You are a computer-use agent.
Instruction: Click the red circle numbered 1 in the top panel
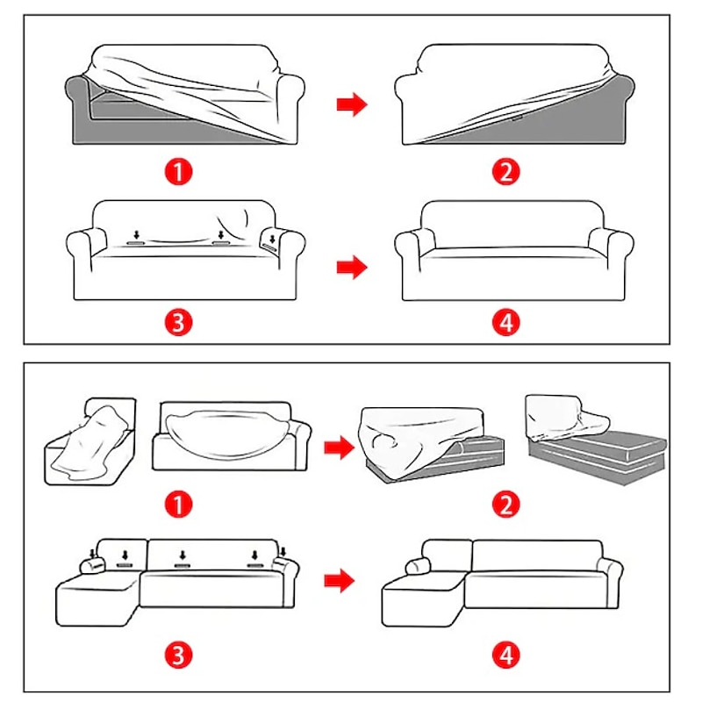pyautogui.click(x=179, y=172)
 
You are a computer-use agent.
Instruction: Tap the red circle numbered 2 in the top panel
pyautogui.click(x=505, y=172)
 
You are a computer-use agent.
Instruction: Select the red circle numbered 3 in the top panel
pyautogui.click(x=179, y=323)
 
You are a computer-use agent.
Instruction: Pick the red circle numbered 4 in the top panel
pyautogui.click(x=505, y=323)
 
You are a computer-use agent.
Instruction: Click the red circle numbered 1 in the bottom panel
pyautogui.click(x=179, y=505)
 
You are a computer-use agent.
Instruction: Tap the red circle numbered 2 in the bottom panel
pyautogui.click(x=507, y=505)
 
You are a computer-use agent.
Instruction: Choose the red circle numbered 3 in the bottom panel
pyautogui.click(x=179, y=655)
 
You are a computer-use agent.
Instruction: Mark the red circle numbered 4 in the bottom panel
pyautogui.click(x=507, y=655)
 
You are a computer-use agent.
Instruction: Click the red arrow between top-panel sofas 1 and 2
pyautogui.click(x=351, y=105)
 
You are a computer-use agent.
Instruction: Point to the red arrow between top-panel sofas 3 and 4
pyautogui.click(x=351, y=268)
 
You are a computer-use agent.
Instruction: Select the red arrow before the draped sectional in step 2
pyautogui.click(x=337, y=448)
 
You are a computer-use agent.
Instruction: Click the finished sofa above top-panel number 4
pyautogui.click(x=514, y=254)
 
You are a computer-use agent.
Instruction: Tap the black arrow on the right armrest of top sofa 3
pyautogui.click(x=273, y=237)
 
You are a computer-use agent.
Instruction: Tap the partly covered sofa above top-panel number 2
pyautogui.click(x=514, y=97)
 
